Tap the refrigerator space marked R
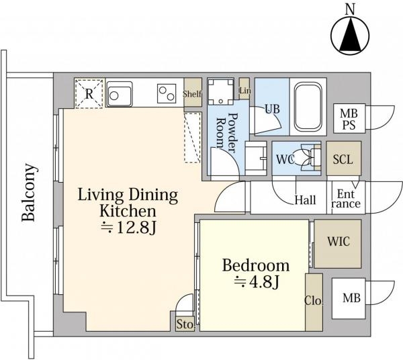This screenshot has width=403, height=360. click(x=89, y=93)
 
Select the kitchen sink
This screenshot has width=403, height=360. click(x=120, y=94)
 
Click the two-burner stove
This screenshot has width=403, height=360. click(x=167, y=93)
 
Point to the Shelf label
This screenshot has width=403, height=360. click(x=192, y=94)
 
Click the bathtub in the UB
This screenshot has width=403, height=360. click(x=308, y=107)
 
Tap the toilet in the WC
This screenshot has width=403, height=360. click(x=308, y=158)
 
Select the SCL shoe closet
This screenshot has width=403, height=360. click(x=344, y=159)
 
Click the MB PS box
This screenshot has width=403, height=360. click(x=349, y=118)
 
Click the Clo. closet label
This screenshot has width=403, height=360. click(x=314, y=300)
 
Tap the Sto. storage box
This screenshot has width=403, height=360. click(x=185, y=324)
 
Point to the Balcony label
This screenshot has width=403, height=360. click(x=28, y=192)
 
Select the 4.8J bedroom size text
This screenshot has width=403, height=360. click(x=257, y=282)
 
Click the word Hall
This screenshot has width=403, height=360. click(x=305, y=200)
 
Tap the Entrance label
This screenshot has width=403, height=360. click(x=346, y=199)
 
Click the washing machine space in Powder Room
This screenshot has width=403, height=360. click(x=221, y=91)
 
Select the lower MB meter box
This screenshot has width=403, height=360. click(x=349, y=298)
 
